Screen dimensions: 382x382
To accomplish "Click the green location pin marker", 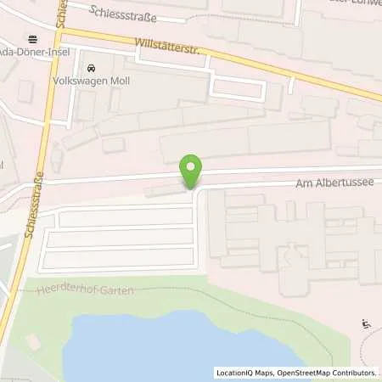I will pyautogui.click(x=192, y=171).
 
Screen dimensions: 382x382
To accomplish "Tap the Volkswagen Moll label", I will pyautogui.click(x=113, y=83).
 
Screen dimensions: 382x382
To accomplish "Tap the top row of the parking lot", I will pyautogui.click(x=126, y=217).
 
